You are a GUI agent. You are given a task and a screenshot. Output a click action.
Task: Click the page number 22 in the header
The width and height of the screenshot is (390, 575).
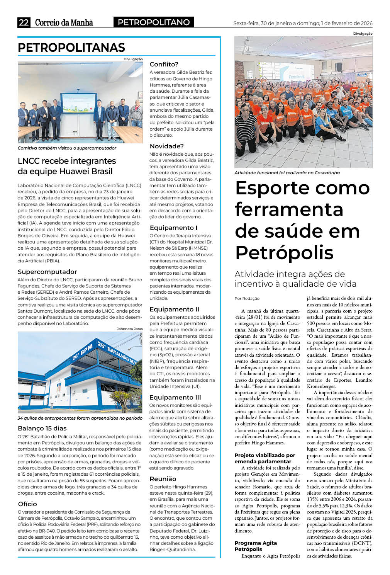click(24, 22)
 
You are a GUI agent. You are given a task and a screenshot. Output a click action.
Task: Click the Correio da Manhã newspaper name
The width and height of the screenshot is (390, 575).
click(64, 22)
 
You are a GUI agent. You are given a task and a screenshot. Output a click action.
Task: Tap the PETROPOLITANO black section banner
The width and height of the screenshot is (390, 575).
click(154, 22)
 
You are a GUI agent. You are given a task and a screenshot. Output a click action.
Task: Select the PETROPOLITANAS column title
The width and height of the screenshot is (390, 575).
click(71, 48)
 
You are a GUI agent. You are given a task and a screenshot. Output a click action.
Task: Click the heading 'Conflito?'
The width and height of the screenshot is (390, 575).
click(164, 64)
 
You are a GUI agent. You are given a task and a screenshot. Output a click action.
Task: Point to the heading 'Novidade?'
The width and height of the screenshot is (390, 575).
click(166, 146)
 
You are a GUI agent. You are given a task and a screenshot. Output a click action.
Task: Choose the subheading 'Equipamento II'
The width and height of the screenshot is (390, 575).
click(174, 309)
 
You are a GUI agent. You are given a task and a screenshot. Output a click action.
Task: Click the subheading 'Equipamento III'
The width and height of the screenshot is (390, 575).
click(175, 397)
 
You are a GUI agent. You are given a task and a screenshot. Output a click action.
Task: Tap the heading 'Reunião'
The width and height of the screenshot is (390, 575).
click(163, 479)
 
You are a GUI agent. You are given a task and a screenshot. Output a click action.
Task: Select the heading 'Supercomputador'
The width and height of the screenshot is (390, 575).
click(47, 272)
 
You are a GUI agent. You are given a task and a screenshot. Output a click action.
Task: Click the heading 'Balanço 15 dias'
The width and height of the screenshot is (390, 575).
click(42, 428)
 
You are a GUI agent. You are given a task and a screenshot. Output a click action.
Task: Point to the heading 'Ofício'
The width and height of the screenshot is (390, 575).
click(27, 504)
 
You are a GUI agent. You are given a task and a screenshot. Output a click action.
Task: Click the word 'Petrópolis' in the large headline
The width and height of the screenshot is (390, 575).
click(284, 253)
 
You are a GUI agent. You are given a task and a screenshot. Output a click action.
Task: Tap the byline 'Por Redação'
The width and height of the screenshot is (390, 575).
click(247, 298)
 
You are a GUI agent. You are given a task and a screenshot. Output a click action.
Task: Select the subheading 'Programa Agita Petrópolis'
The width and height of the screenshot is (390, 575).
click(256, 546)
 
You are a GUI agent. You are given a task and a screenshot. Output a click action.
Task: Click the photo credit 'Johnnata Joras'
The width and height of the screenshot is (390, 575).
click(129, 329)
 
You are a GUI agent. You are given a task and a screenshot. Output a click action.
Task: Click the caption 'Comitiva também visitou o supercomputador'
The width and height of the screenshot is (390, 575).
click(67, 148)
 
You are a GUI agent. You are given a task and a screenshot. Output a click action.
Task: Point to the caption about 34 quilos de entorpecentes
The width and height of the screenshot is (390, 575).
click(80, 418)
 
